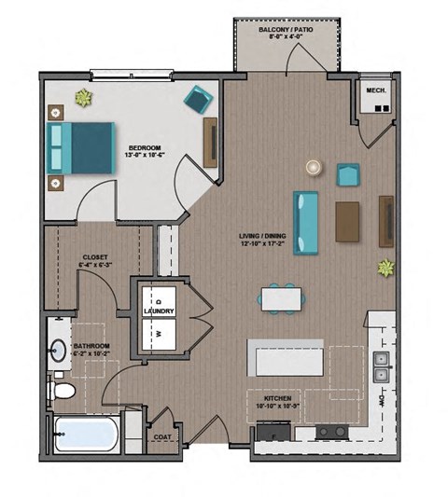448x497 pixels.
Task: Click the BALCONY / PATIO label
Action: pyautogui.click(x=286, y=30)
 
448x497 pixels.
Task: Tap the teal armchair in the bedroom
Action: pyautogui.click(x=198, y=99)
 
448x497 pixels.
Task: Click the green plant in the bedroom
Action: pyautogui.click(x=84, y=98)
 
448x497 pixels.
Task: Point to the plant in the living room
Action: pyautogui.click(x=385, y=269)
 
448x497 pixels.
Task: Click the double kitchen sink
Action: pyautogui.click(x=381, y=366)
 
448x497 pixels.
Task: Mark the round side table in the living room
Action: pyautogui.click(x=313, y=167)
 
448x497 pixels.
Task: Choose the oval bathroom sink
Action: pyautogui.click(x=56, y=350)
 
